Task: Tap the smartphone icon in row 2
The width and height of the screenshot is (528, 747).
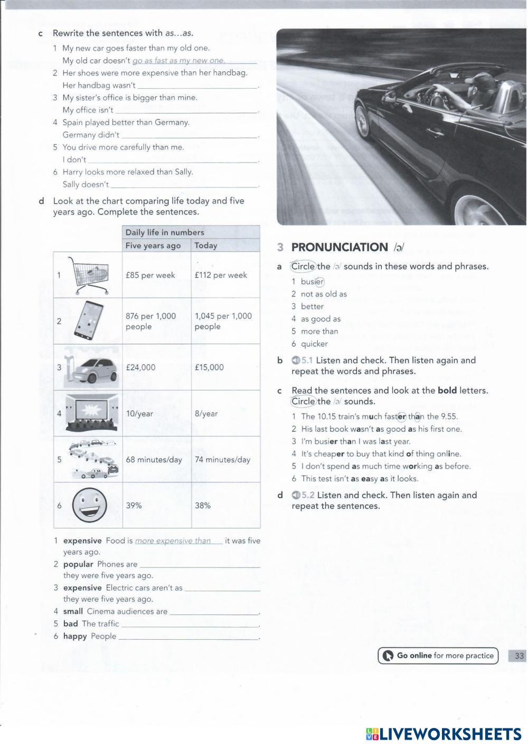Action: pyautogui.click(x=88, y=321)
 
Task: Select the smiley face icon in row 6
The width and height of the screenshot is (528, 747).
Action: pyautogui.click(x=89, y=505)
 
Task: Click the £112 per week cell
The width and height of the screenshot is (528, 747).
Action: pyautogui.click(x=221, y=275)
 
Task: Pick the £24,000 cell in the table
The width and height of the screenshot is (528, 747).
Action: pyautogui.click(x=140, y=367)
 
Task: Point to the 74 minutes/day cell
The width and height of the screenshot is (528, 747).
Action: pyautogui.click(x=222, y=460)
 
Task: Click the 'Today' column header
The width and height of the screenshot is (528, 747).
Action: pyautogui.click(x=206, y=245)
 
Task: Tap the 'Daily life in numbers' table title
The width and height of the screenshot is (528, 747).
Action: pyautogui.click(x=165, y=232)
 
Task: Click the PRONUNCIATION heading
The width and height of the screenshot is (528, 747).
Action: pyautogui.click(x=340, y=247)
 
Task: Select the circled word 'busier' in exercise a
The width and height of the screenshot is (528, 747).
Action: pyautogui.click(x=312, y=282)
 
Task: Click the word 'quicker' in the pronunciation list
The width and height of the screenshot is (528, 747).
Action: pyautogui.click(x=314, y=344)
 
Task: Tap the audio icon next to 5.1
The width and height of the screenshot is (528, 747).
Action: pyautogui.click(x=296, y=360)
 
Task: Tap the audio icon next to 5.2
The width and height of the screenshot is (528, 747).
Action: pyautogui.click(x=296, y=496)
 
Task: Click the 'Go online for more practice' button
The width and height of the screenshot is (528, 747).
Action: pyautogui.click(x=438, y=656)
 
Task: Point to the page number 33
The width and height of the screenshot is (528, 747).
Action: pyautogui.click(x=519, y=656)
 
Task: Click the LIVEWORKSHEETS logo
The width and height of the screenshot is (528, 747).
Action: pyautogui.click(x=444, y=734)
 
